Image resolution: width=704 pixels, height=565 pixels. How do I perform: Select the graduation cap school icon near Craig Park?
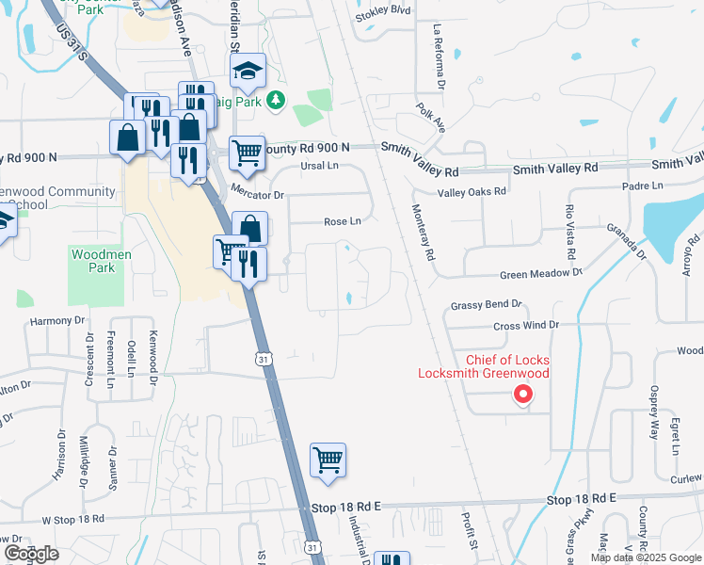[x=248, y=72]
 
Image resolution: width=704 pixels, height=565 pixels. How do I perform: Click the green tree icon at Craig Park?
[x=275, y=100]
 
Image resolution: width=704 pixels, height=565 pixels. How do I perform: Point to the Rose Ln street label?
[x=343, y=222]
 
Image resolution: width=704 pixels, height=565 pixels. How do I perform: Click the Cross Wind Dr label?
[x=527, y=325]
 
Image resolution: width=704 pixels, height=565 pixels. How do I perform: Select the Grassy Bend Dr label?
[x=486, y=305]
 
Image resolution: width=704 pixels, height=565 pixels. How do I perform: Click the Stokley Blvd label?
[x=384, y=11]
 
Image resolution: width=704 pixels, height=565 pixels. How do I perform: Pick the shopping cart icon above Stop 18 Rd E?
[x=328, y=460]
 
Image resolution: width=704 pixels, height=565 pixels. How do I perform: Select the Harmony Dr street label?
[x=57, y=321]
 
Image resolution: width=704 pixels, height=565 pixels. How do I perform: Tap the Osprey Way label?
[x=654, y=412]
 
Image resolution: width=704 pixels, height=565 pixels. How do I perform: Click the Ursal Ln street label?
[x=318, y=166]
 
